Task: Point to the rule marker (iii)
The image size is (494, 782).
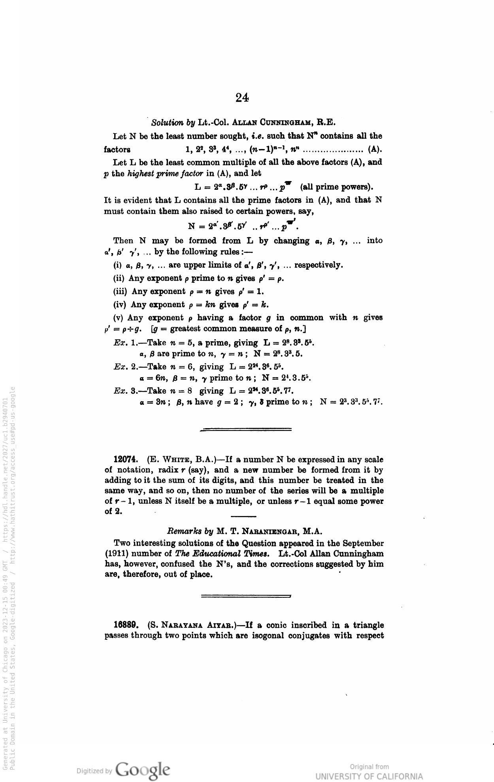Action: point(121,291)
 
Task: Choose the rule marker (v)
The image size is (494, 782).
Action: point(119,318)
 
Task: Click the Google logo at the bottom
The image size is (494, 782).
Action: point(143,769)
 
